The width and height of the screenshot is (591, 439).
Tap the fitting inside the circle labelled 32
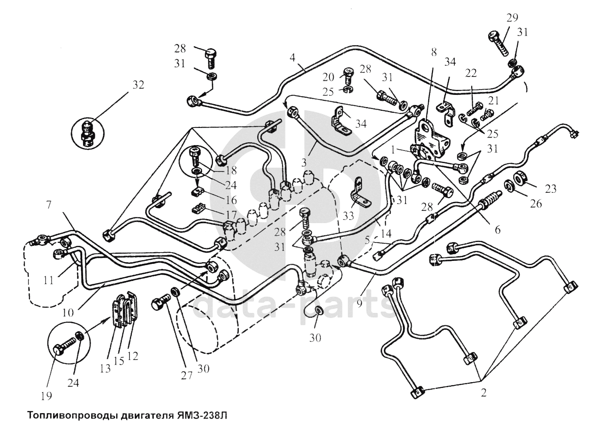(87, 133)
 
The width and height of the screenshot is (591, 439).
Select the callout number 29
(512, 18)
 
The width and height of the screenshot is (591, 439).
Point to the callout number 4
(293, 57)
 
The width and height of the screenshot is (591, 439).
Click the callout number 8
(434, 52)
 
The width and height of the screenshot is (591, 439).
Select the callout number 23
(551, 189)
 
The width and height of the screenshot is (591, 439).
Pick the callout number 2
(483, 393)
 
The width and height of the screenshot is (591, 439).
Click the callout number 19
(46, 395)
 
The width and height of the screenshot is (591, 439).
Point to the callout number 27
(186, 375)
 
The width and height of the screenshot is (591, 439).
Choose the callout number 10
(68, 312)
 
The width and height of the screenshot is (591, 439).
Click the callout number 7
(48, 205)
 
